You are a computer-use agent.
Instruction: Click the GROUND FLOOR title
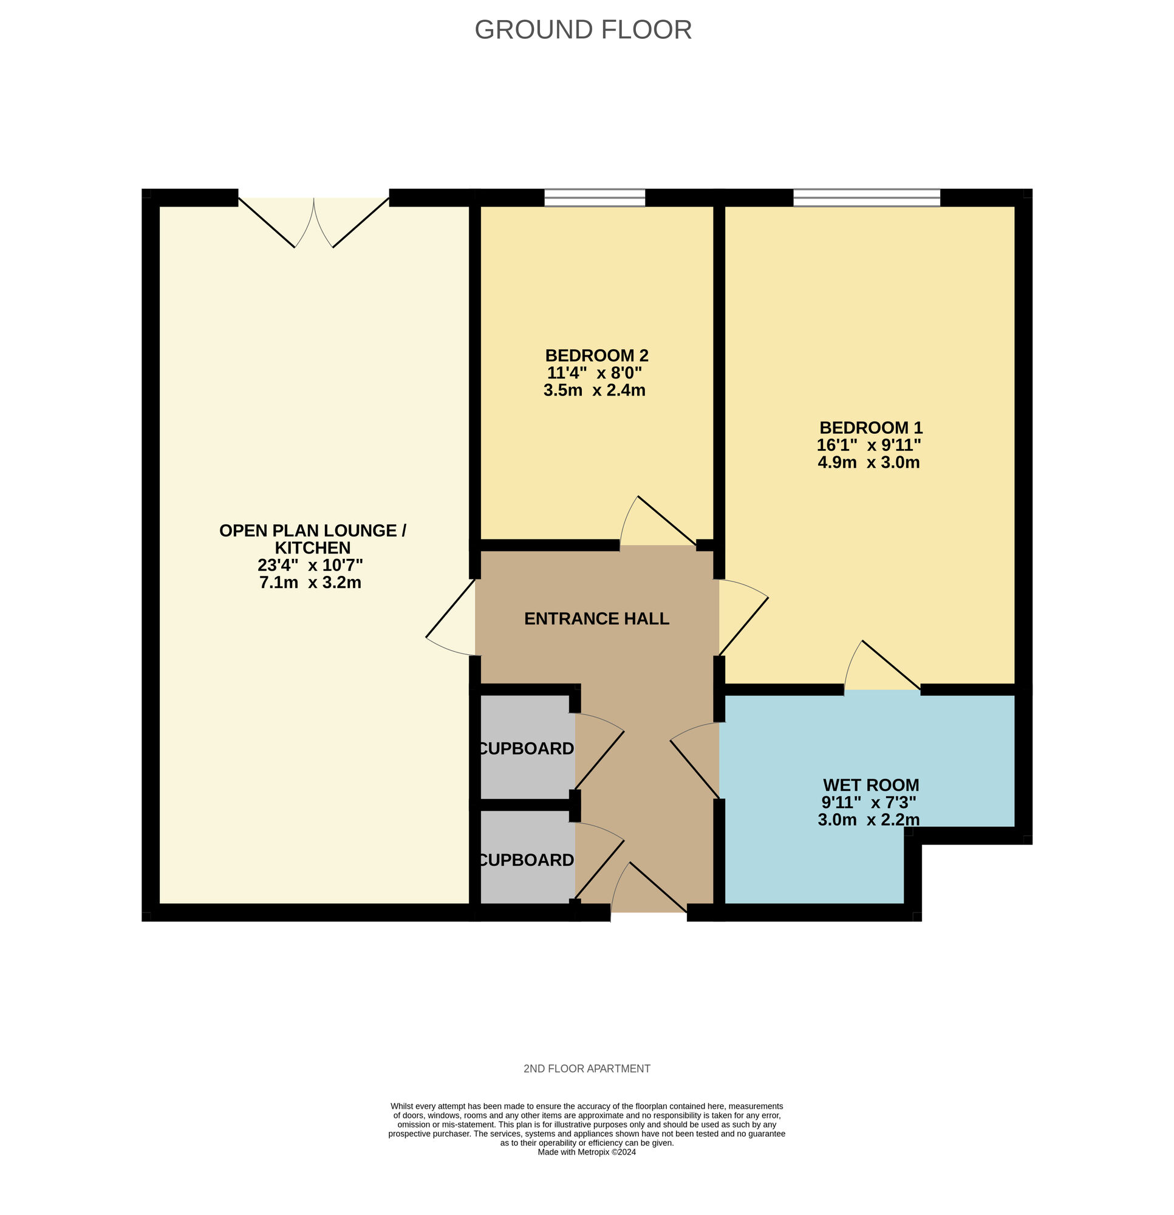tap(582, 30)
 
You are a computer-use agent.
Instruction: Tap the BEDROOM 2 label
tap(596, 355)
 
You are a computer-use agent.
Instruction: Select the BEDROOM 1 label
tap(871, 427)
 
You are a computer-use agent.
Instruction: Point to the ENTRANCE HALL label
tap(596, 618)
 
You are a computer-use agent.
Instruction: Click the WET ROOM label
tap(871, 785)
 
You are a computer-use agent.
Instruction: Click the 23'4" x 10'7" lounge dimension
tap(310, 565)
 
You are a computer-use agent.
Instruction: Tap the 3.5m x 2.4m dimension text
tap(595, 390)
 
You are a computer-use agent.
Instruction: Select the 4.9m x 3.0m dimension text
tap(869, 462)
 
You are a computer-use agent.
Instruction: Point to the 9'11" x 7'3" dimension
tap(869, 802)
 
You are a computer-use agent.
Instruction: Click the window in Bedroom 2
tap(595, 198)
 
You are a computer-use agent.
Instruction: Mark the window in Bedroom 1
tap(867, 198)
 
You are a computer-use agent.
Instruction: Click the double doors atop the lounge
tap(313, 222)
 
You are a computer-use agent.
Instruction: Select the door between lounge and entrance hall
tap(451, 617)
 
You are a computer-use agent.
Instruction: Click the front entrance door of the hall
tap(649, 886)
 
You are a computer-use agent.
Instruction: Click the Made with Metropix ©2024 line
tap(587, 1152)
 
